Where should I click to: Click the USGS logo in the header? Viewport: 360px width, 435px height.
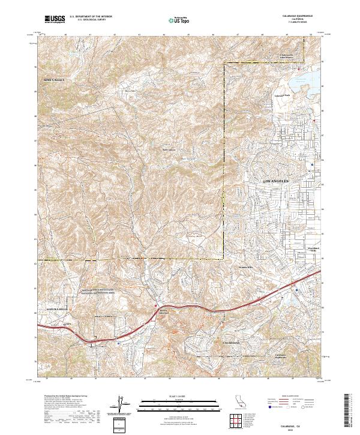point(55,19)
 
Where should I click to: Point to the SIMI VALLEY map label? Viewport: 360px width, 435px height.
point(54,79)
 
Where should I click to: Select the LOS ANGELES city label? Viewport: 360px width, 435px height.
point(277,180)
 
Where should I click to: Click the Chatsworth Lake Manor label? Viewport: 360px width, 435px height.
point(290,56)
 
